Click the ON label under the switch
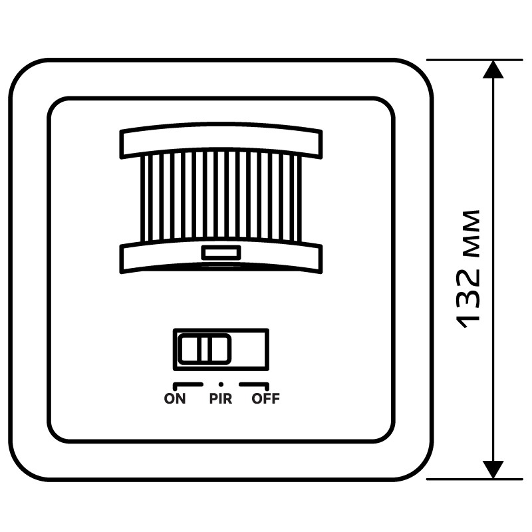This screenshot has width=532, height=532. coord(175,398)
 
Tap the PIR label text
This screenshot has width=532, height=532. coord(221,398)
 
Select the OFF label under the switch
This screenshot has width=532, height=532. coord(265,398)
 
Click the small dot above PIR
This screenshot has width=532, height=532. coord(221,384)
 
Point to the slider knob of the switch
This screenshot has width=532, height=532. coord(205,349)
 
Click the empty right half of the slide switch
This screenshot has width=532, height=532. coord(250,349)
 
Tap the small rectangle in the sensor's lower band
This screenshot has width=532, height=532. coord(221,253)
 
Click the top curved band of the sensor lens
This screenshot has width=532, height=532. coord(221,140)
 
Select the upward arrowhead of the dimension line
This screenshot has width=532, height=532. coord(493,70)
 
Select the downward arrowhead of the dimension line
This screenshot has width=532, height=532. coord(493,469)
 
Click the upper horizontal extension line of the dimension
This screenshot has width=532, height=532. coord(475,60)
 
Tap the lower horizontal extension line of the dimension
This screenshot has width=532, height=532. coord(475,479)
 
